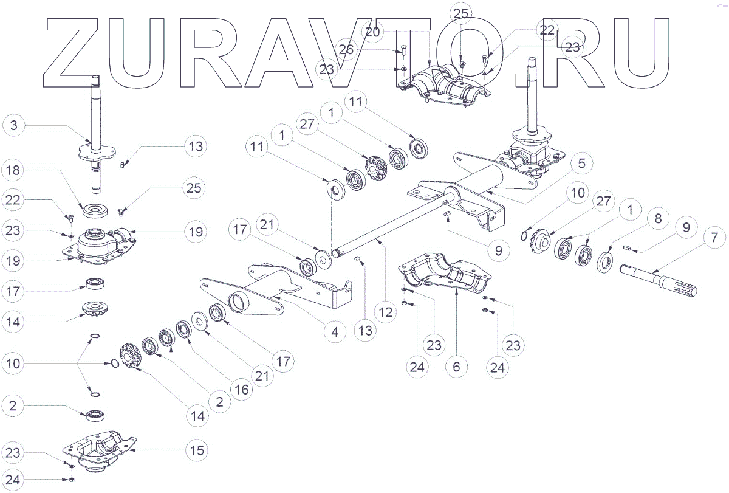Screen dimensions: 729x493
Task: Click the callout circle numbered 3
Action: [14, 126]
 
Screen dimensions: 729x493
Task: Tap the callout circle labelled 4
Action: [335, 332]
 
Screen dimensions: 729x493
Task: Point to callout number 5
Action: [581, 164]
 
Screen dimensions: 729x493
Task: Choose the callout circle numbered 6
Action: [456, 367]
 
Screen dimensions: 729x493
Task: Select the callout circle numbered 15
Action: [197, 450]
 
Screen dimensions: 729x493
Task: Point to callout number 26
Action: [346, 49]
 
